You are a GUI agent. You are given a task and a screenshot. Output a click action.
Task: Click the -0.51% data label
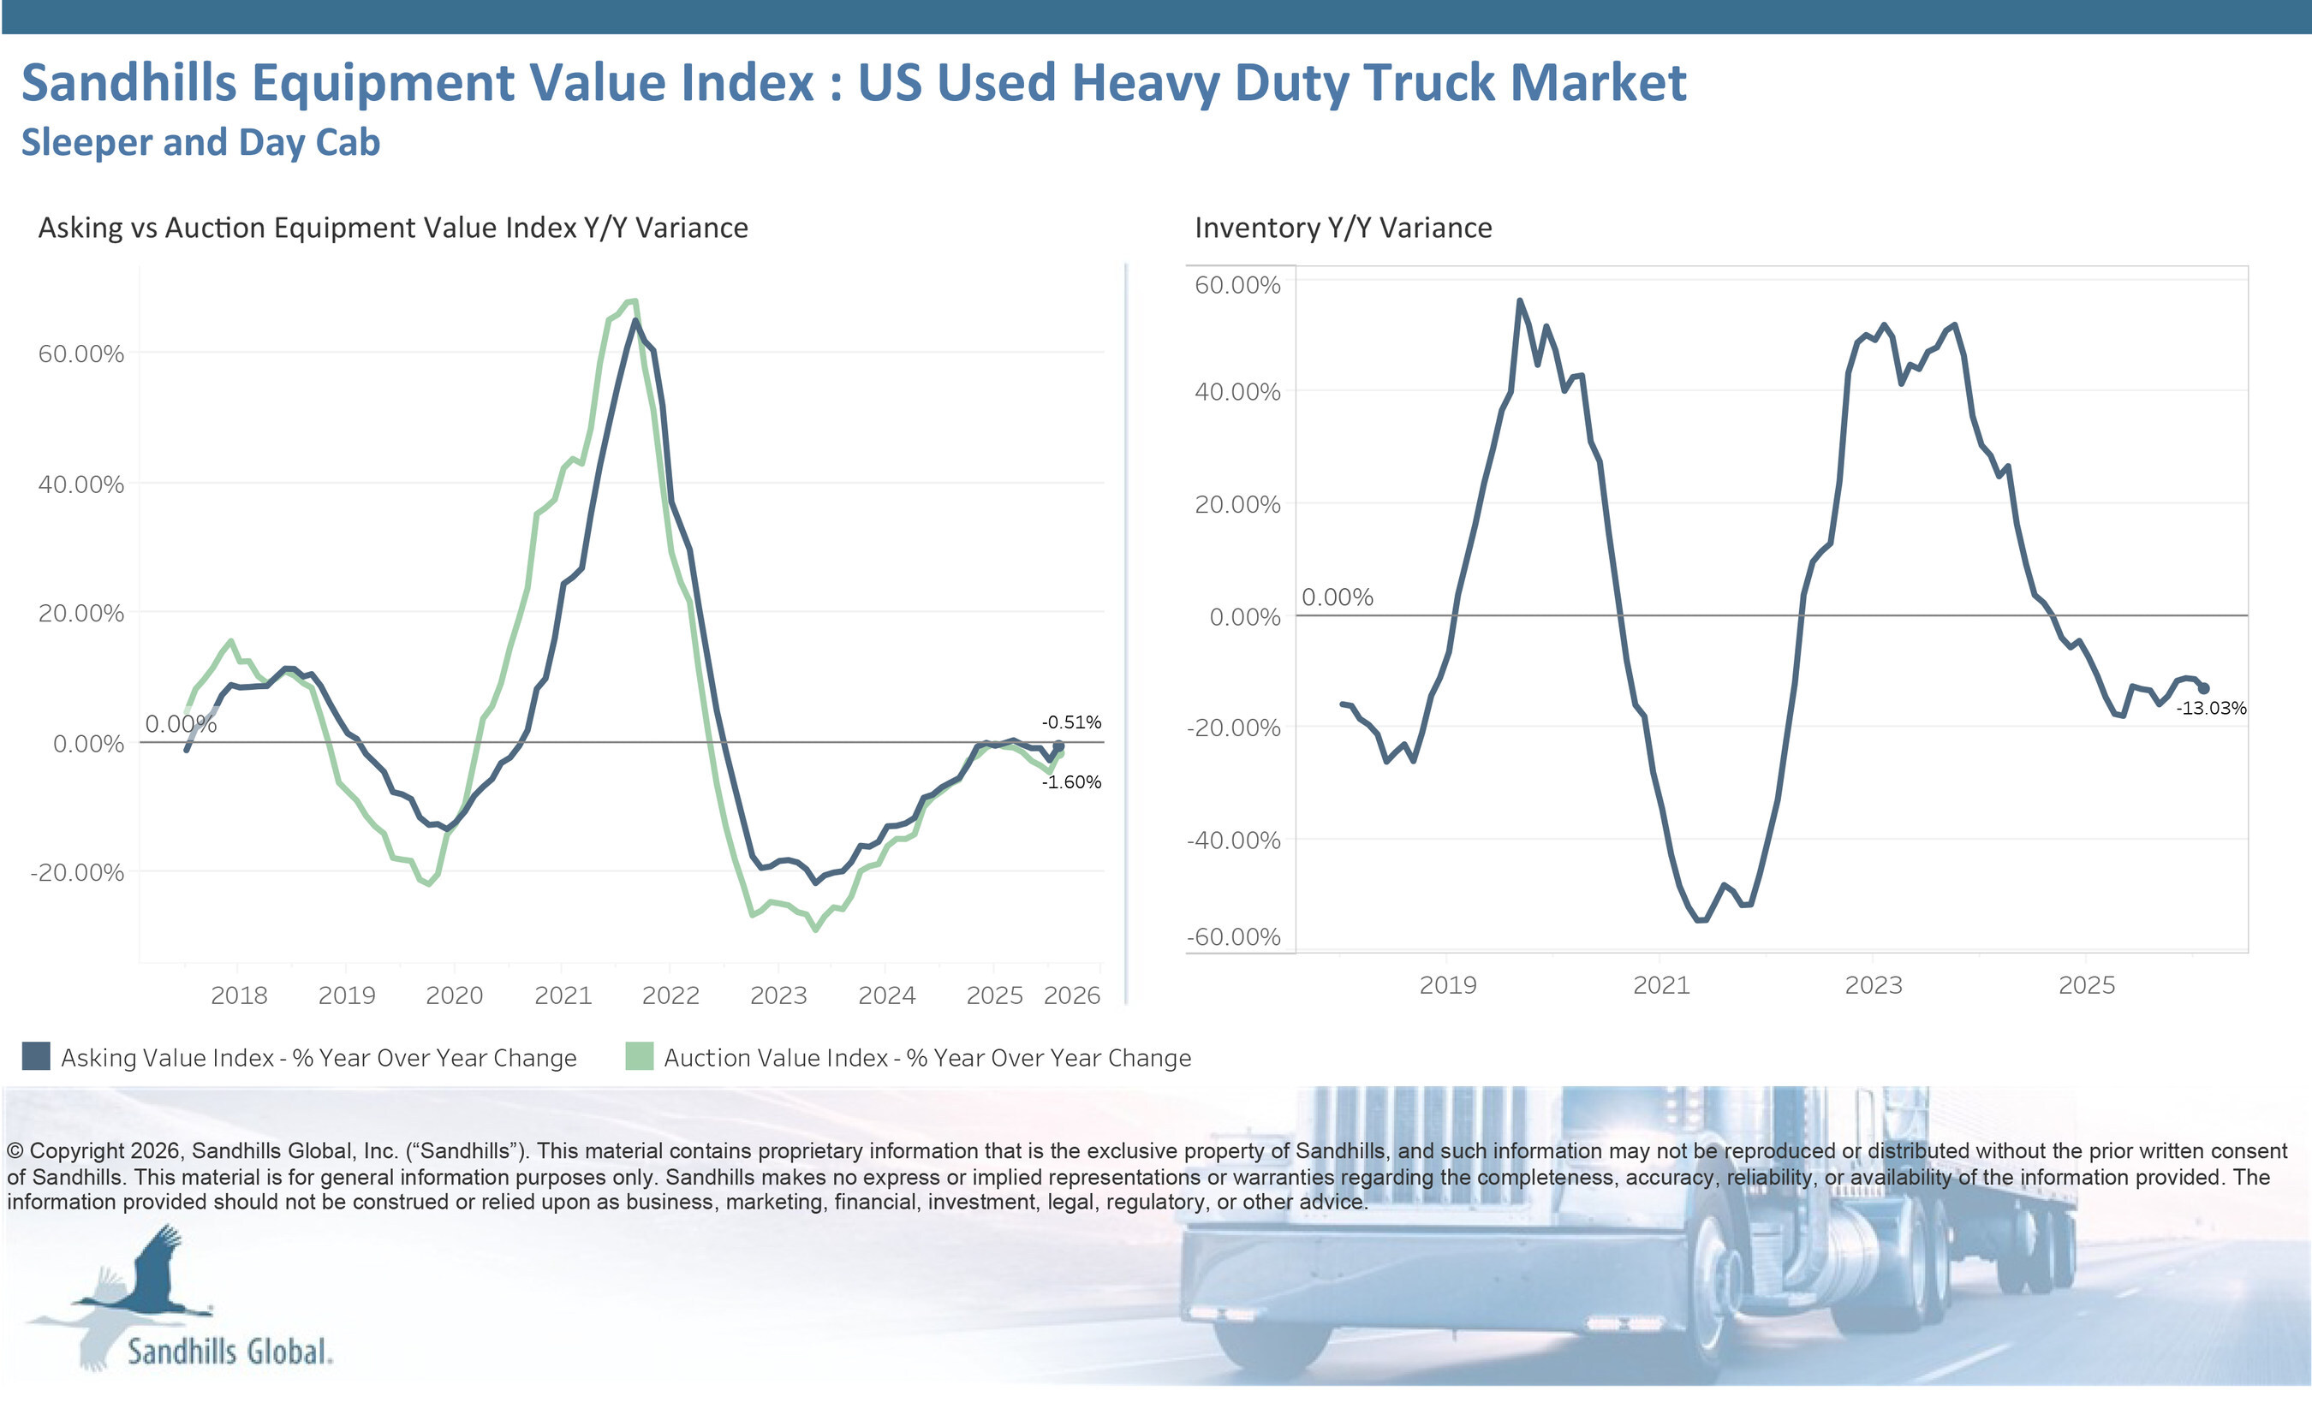(x=1070, y=722)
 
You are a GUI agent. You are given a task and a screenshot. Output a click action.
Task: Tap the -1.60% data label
(x=1070, y=782)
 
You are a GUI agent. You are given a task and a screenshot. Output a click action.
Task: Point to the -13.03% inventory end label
(x=2211, y=708)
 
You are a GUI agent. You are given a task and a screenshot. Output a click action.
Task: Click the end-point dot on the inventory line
(x=2203, y=688)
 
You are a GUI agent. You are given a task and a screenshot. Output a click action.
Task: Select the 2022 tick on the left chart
(x=670, y=995)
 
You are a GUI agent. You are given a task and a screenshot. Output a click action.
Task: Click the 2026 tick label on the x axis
(x=1071, y=995)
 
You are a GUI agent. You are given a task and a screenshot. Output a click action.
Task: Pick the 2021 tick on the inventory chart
(x=1661, y=985)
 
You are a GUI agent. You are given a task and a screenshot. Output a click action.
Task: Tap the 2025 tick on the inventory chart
(x=2086, y=985)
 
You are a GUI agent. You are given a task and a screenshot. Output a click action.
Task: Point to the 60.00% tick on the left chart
(x=80, y=353)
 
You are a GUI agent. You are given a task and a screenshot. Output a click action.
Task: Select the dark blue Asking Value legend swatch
(x=36, y=1056)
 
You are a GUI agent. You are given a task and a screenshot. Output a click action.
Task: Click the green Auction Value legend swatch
(x=639, y=1056)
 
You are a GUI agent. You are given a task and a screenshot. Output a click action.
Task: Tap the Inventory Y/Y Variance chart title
(x=1343, y=228)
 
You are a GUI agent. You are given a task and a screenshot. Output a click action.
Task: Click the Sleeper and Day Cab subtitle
(x=200, y=143)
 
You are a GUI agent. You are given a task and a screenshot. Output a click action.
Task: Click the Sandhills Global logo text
(x=229, y=1352)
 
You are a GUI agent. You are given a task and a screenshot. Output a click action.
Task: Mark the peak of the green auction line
(x=635, y=300)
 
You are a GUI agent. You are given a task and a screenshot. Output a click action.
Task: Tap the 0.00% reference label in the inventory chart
(x=1337, y=597)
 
